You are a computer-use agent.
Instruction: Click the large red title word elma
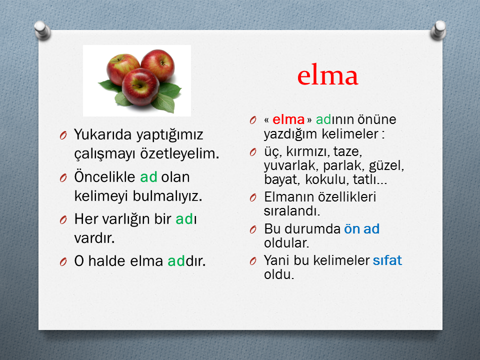click(x=327, y=75)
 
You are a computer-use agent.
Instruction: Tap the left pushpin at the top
click(x=42, y=30)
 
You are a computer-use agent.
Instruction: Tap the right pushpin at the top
click(x=438, y=30)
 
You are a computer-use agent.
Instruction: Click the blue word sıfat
click(x=387, y=260)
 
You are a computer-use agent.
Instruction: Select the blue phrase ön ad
click(x=362, y=228)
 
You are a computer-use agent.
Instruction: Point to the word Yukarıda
click(x=103, y=134)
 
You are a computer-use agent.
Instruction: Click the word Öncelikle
click(x=104, y=176)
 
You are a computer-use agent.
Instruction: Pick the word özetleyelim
click(x=179, y=153)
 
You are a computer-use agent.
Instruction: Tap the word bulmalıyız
click(x=167, y=196)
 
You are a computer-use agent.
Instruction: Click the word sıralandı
click(x=292, y=210)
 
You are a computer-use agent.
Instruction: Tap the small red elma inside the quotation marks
click(x=288, y=119)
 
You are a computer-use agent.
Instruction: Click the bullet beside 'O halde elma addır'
click(x=63, y=261)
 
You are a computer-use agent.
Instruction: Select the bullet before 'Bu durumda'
click(x=253, y=229)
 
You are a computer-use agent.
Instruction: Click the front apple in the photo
click(x=140, y=86)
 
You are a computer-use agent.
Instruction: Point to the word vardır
click(x=94, y=238)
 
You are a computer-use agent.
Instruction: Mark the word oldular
click(x=286, y=243)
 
